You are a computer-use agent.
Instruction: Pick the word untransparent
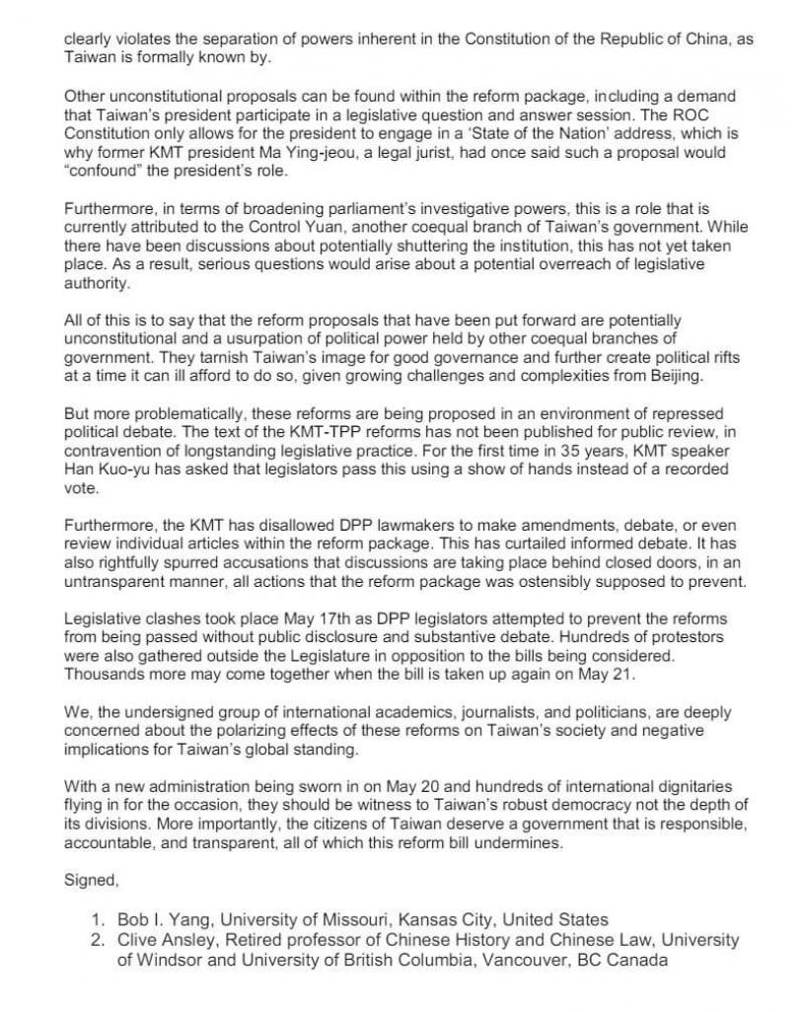(x=117, y=582)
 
